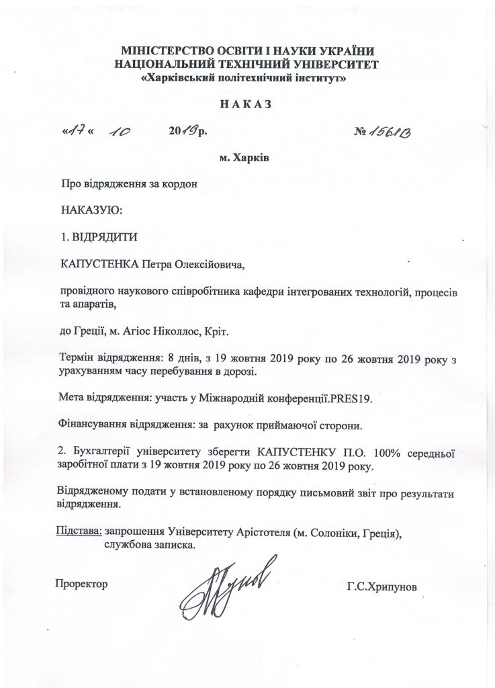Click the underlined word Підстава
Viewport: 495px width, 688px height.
(79, 531)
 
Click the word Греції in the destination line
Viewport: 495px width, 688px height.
(89, 332)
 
